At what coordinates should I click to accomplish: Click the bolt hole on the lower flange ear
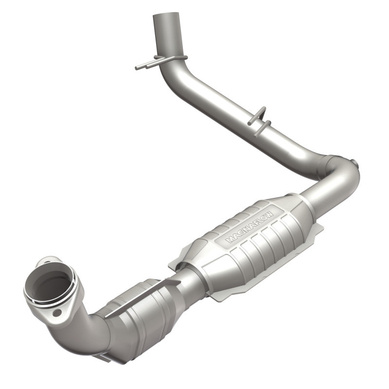57,313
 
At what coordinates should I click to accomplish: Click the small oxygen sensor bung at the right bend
354,163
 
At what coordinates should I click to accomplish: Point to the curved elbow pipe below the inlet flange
88,331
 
